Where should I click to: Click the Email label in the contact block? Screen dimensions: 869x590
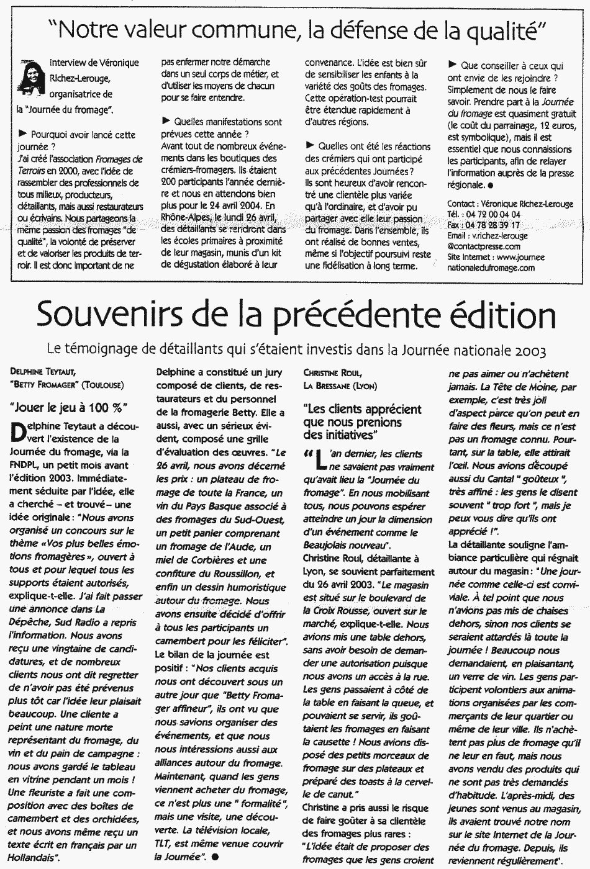pos(458,235)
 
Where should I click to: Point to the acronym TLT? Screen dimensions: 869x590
pos(165,844)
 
